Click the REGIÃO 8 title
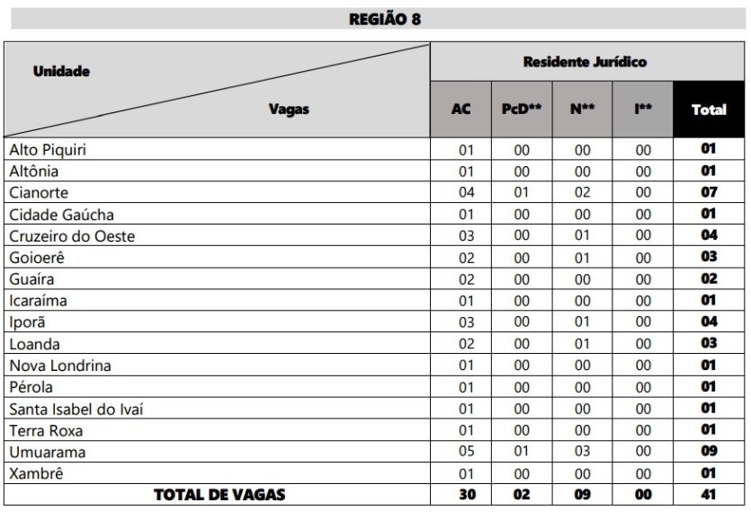[x=384, y=18]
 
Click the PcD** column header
[x=522, y=110]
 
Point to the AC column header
[x=460, y=110]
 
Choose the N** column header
[x=582, y=110]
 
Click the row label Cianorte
[x=39, y=193]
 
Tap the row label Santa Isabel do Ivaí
[x=76, y=409]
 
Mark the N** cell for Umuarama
[x=582, y=453]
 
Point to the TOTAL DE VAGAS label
[x=219, y=495]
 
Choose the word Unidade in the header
[x=62, y=71]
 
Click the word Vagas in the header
[x=289, y=110]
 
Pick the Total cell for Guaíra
[x=709, y=279]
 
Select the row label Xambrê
[x=37, y=473]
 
